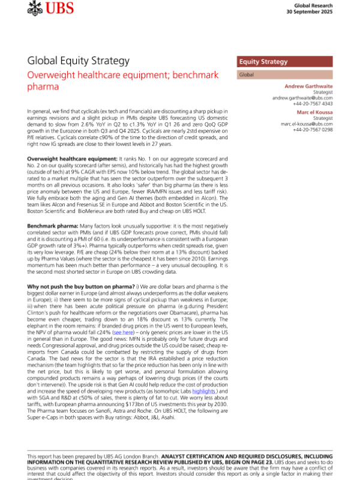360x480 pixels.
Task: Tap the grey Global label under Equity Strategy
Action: (x=247, y=75)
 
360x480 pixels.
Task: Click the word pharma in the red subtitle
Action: (x=43, y=87)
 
